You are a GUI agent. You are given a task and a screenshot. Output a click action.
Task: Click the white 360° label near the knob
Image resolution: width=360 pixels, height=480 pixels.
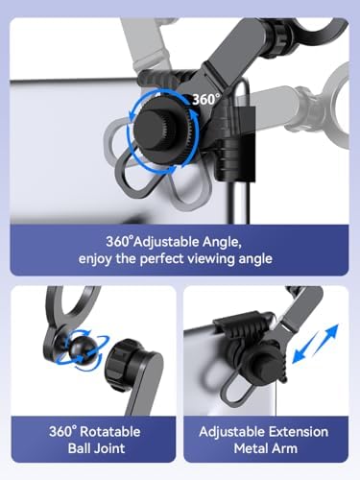coord(206,100)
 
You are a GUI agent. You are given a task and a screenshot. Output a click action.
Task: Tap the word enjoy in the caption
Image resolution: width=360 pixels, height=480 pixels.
coord(95,259)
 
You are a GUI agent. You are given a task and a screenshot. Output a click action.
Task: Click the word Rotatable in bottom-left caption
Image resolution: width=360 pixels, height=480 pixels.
coord(110,432)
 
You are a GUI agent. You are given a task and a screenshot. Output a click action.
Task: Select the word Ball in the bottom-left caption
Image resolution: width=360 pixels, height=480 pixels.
coord(79,448)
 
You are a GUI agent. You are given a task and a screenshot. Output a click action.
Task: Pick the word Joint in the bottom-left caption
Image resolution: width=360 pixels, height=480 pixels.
coord(108,448)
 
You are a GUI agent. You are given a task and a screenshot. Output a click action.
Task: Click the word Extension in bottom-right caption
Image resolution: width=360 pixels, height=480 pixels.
coord(299,432)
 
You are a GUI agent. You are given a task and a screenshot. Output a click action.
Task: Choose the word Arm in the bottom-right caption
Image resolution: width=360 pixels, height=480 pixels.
coord(285,448)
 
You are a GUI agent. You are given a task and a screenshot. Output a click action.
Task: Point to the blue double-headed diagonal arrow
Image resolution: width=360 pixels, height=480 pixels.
coord(316,344)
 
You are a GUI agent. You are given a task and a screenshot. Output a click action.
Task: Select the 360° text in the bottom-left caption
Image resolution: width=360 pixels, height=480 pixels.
coord(63,432)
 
